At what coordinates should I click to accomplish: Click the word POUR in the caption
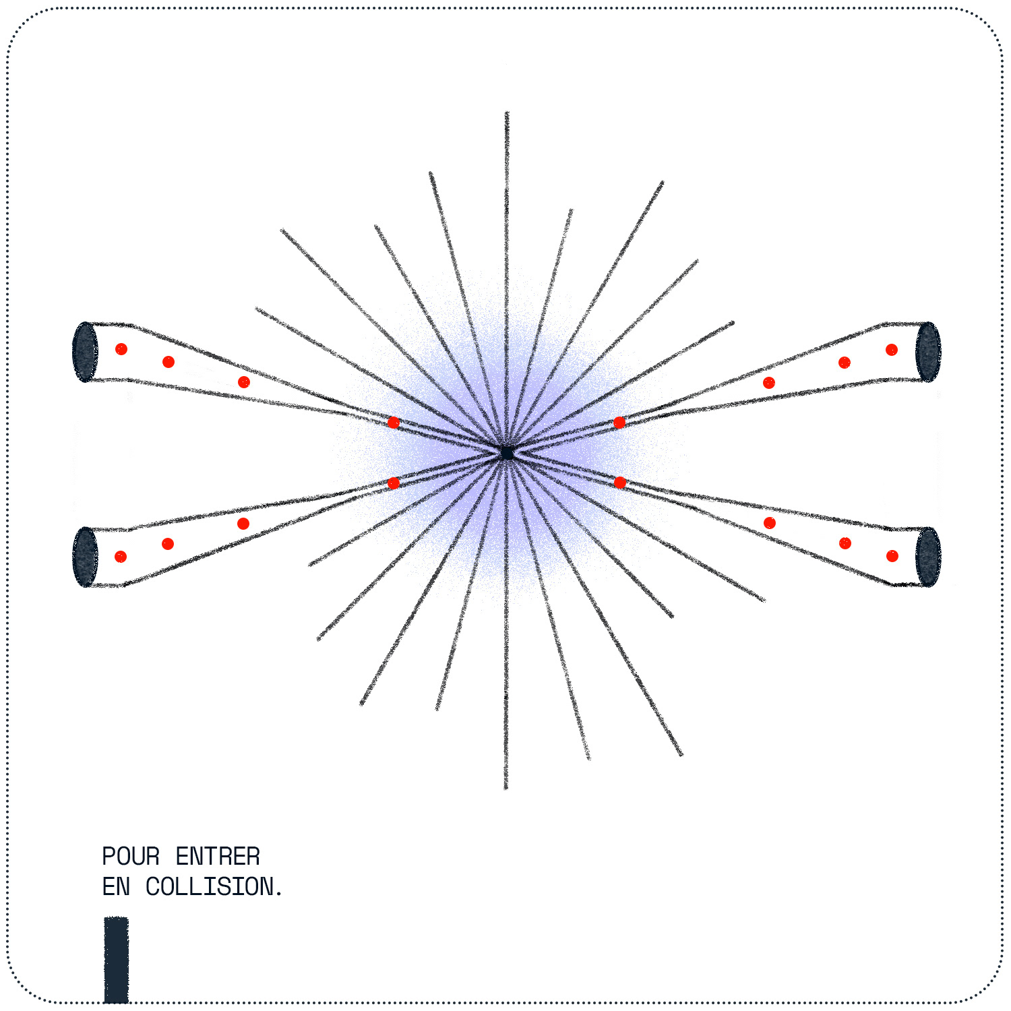[x=131, y=857]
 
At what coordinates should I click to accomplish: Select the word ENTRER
[x=218, y=857]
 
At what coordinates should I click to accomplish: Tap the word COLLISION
[x=210, y=887]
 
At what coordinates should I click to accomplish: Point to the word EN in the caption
[x=116, y=887]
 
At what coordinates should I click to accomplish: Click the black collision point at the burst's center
[x=507, y=452]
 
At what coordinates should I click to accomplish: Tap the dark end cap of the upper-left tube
[x=86, y=352]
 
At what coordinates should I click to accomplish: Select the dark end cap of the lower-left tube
[x=86, y=557]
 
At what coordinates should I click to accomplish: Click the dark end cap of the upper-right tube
[x=928, y=352]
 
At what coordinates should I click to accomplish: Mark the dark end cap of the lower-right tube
[x=928, y=557]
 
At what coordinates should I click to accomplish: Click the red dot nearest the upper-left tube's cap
[x=121, y=349]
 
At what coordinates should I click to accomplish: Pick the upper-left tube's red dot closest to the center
[x=394, y=423]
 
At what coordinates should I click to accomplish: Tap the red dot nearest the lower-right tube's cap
[x=892, y=556]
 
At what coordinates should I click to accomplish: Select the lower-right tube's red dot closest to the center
[x=620, y=483]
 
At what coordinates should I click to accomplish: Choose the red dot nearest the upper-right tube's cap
[x=892, y=350]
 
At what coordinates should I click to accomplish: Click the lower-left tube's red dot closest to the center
[x=394, y=483]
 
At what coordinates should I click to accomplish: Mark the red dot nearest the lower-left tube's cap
[x=121, y=557]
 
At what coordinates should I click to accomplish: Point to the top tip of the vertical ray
[x=507, y=113]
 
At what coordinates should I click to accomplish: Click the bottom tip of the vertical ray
[x=506, y=787]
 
